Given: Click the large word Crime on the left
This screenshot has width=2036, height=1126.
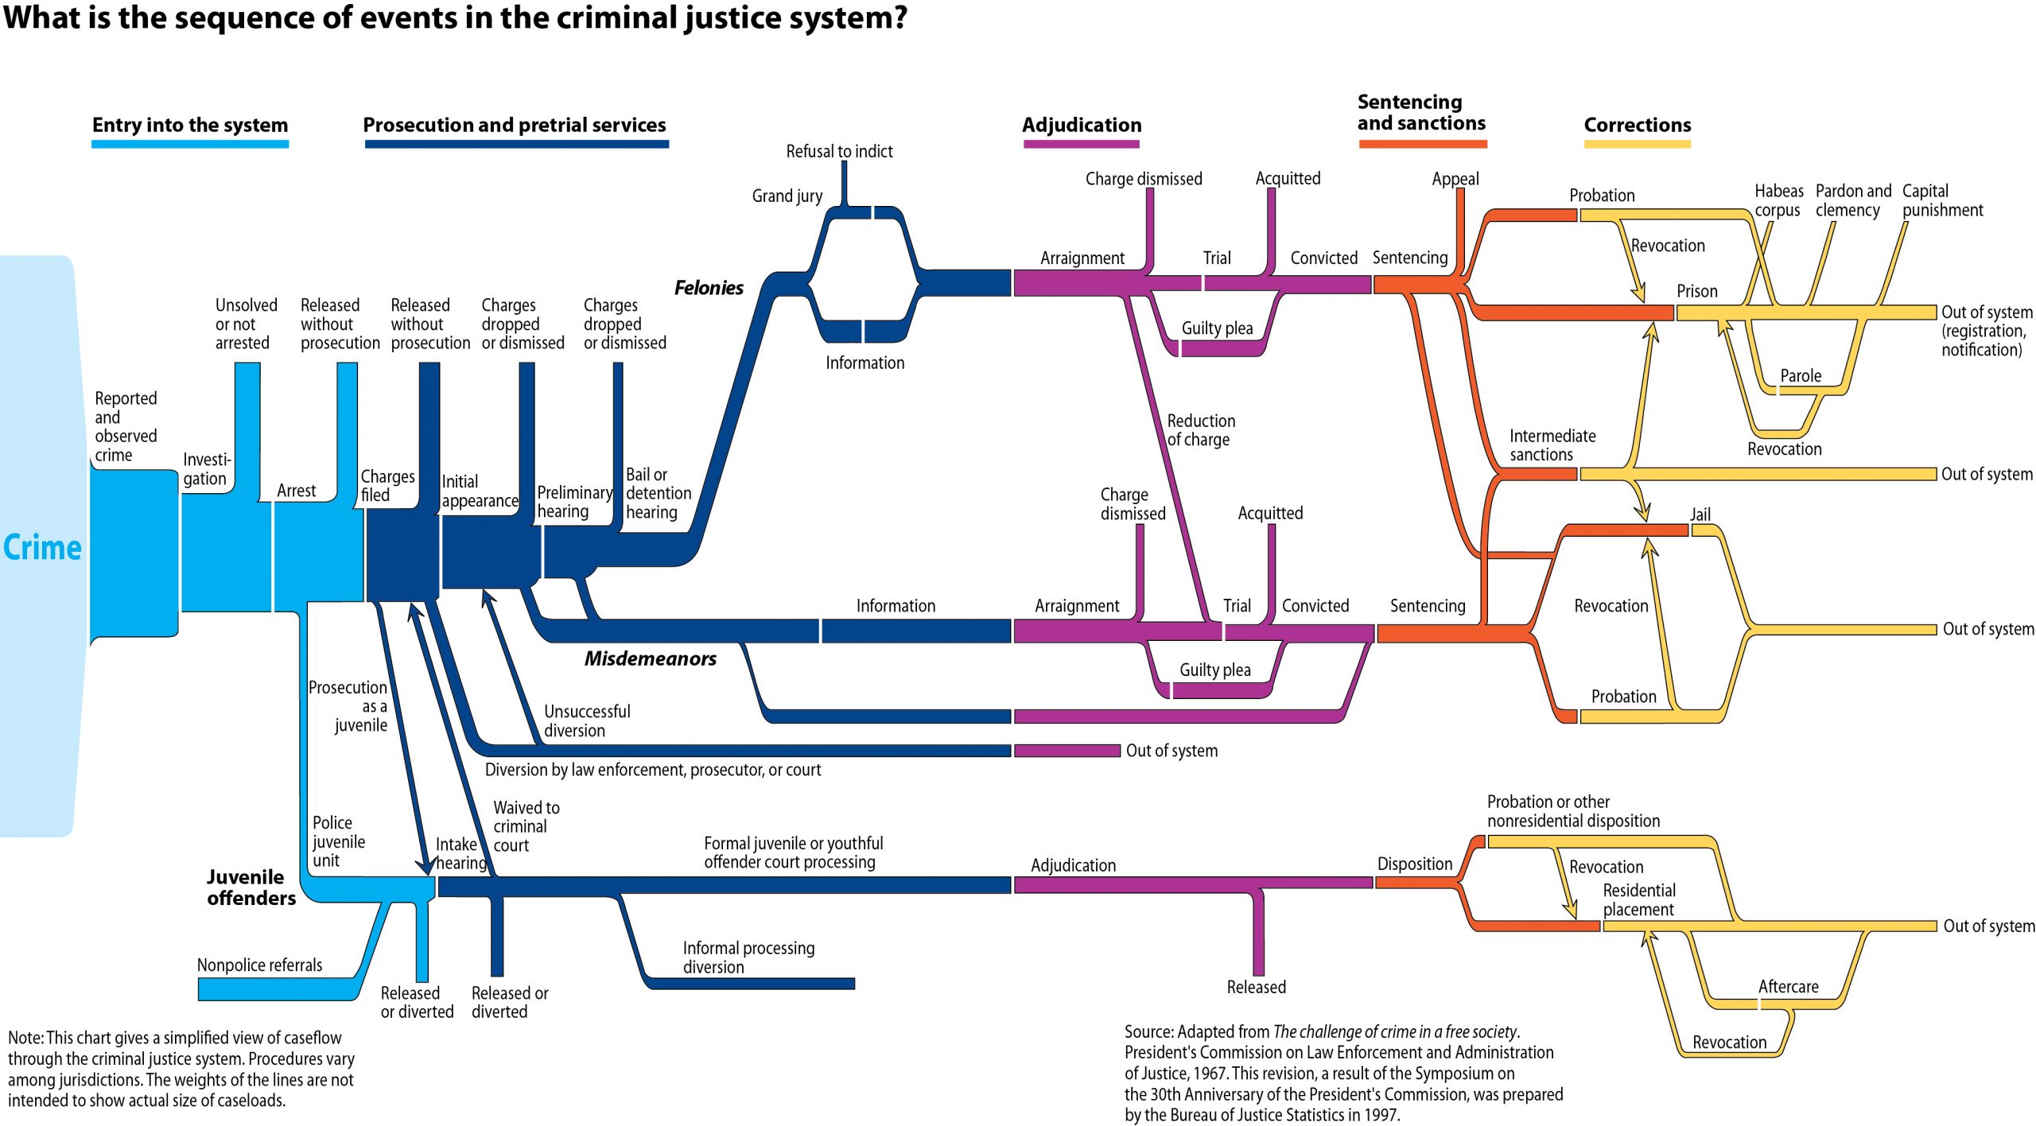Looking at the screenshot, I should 42,547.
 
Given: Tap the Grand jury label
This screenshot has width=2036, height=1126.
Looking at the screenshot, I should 787,196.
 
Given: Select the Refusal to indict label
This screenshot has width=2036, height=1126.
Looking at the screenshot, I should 839,151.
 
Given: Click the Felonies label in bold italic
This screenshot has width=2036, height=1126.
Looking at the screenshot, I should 709,288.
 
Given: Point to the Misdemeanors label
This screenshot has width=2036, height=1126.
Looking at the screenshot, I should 650,658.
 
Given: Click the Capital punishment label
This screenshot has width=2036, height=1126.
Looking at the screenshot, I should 1941,200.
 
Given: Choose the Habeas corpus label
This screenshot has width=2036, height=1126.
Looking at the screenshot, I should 1778,200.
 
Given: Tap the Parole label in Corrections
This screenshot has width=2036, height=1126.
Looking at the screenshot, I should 1800,375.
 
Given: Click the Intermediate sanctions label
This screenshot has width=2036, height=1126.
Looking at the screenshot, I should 1552,445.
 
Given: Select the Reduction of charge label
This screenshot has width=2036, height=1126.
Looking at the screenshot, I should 1200,430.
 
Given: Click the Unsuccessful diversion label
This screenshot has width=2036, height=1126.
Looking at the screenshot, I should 586,720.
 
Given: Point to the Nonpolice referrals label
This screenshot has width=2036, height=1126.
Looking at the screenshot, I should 259,965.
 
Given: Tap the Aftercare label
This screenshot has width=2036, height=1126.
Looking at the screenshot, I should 1788,986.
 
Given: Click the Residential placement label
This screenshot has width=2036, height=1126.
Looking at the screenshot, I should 1638,899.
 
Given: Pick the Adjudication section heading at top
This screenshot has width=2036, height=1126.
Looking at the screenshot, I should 1081,125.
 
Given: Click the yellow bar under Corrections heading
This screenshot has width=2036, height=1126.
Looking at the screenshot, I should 1637,145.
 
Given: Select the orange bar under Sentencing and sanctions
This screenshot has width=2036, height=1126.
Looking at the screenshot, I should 1422,145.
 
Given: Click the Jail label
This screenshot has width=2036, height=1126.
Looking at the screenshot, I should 1700,514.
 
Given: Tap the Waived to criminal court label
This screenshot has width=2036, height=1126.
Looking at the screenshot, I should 526,826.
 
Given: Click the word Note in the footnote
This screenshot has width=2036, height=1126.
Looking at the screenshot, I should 25,1038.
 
